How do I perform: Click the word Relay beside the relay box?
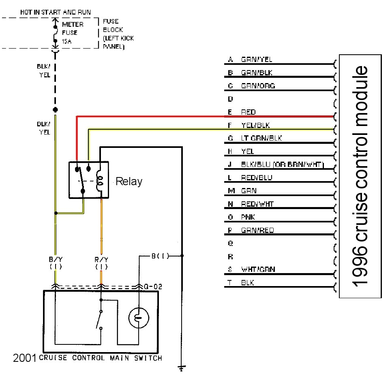coord(129,181)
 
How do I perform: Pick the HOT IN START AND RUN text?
coord(56,12)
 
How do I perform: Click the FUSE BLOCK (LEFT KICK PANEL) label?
coord(118,34)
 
